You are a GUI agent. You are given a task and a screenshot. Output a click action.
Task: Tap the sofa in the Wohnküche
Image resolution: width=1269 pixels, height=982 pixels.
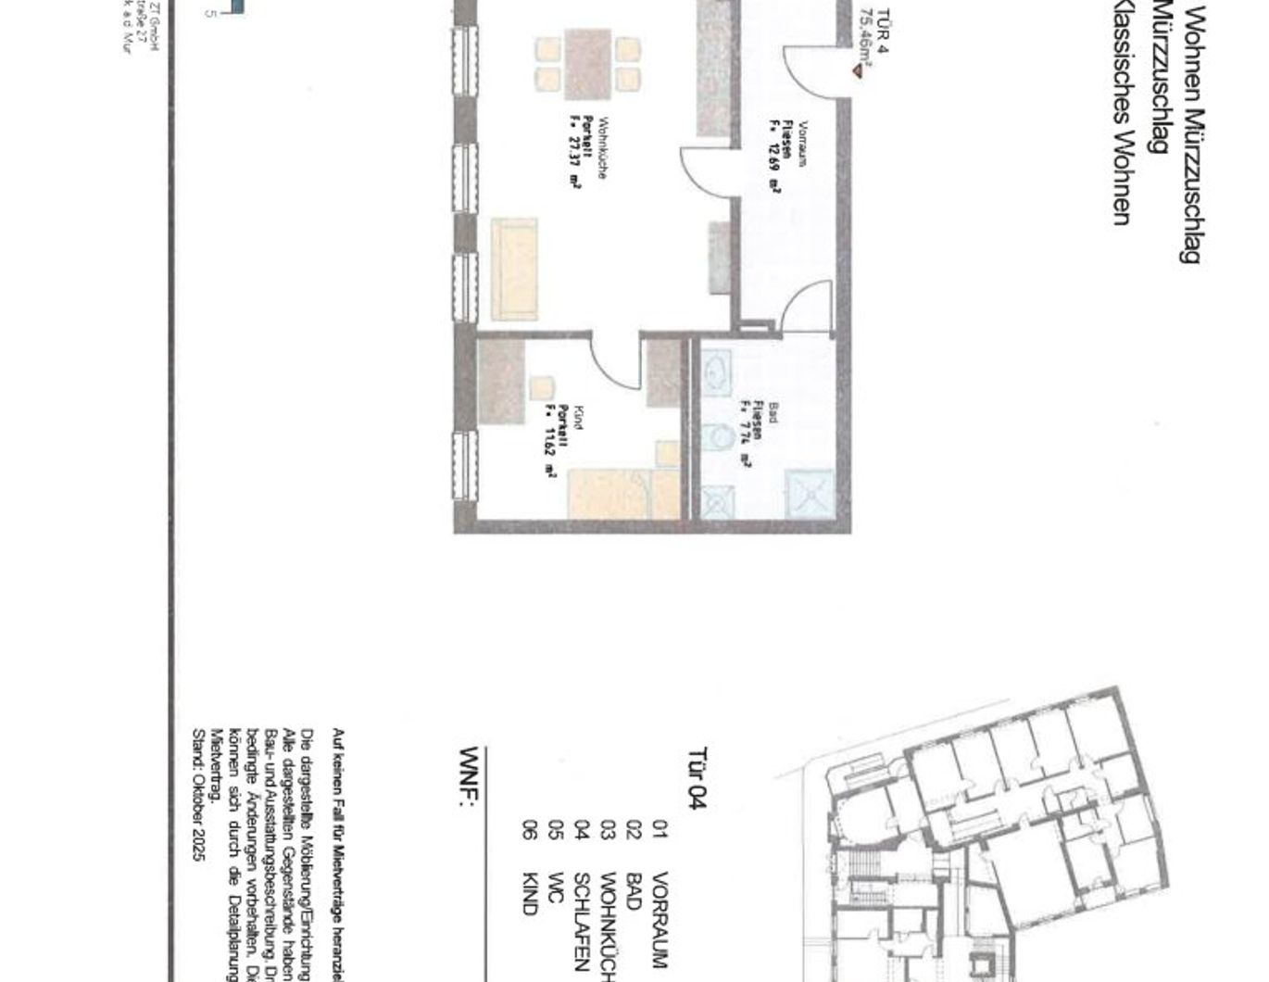pos(514,269)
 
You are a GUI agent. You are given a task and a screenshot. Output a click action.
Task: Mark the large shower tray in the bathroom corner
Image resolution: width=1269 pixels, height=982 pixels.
pos(810,493)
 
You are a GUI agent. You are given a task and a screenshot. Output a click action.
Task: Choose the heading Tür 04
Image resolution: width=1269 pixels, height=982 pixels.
pos(697,778)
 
